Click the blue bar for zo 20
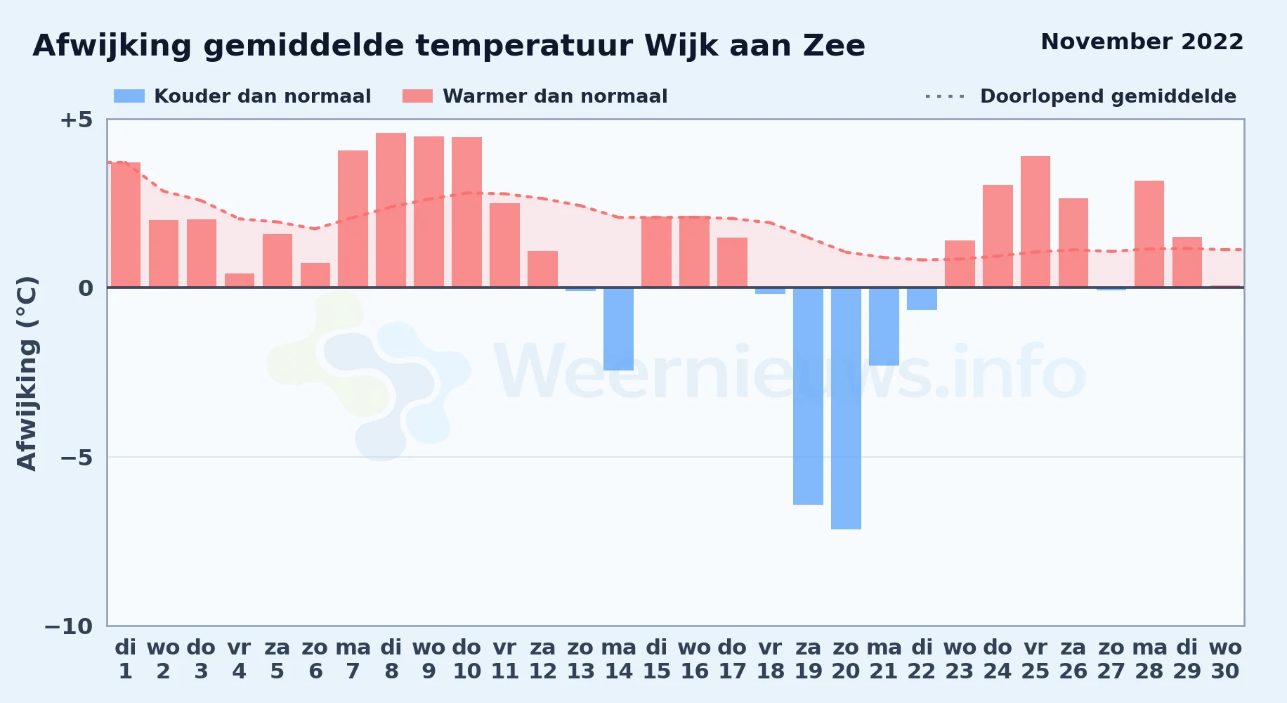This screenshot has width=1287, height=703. [x=846, y=408]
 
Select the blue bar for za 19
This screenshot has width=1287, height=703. [x=808, y=396]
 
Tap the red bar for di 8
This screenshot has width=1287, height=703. [x=391, y=209]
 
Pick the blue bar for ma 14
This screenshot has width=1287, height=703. [x=618, y=329]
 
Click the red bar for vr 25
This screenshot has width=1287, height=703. [x=1036, y=221]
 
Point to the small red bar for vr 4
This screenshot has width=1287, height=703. [x=240, y=280]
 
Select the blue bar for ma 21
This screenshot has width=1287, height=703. [x=884, y=326]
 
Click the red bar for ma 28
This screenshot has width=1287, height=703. [x=1149, y=233]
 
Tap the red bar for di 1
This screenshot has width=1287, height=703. [x=126, y=224]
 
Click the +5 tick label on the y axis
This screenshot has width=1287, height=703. [x=76, y=120]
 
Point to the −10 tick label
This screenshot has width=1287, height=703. [x=69, y=626]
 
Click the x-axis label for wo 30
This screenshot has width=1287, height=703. [x=1225, y=659]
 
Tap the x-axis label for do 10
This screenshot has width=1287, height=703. [x=466, y=659]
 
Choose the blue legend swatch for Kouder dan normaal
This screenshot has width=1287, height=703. [x=129, y=96]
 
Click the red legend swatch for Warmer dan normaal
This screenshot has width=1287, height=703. [x=418, y=96]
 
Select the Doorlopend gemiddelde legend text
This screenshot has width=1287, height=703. [x=1109, y=96]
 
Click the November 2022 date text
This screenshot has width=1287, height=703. [x=1142, y=41]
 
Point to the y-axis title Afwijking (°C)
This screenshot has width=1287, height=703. [x=27, y=373]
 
